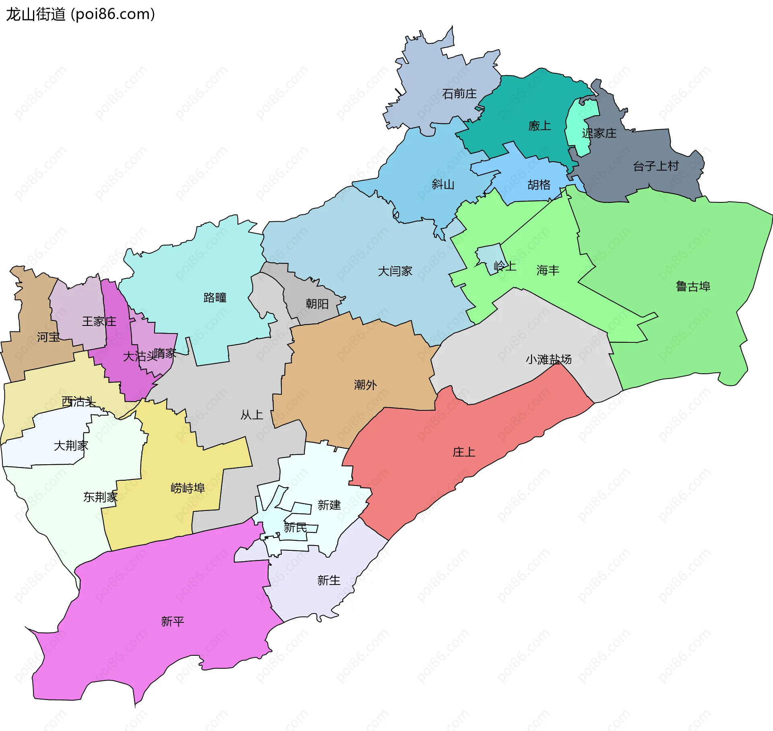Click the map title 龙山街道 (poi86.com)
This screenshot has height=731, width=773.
point(80,14)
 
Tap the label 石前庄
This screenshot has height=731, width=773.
point(459,94)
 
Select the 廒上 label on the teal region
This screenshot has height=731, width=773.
point(539,126)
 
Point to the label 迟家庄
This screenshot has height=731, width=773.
point(599,133)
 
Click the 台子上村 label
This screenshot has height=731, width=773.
point(655,166)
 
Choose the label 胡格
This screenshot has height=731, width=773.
point(539,185)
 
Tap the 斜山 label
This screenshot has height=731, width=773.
point(443,184)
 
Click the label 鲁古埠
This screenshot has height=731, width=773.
point(692,286)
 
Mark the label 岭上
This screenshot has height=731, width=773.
point(505,266)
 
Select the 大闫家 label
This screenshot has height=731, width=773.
point(395,271)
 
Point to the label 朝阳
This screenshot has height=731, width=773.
point(317,304)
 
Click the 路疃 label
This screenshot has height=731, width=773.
point(215,298)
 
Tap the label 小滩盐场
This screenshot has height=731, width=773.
point(548,359)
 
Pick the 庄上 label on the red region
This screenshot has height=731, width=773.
point(464,452)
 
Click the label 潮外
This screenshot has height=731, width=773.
point(365,385)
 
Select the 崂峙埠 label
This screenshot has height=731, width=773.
point(188,488)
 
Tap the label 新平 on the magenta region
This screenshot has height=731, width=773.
point(172,622)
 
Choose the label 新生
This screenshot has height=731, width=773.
point(329,580)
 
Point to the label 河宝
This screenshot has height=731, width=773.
point(48,337)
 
